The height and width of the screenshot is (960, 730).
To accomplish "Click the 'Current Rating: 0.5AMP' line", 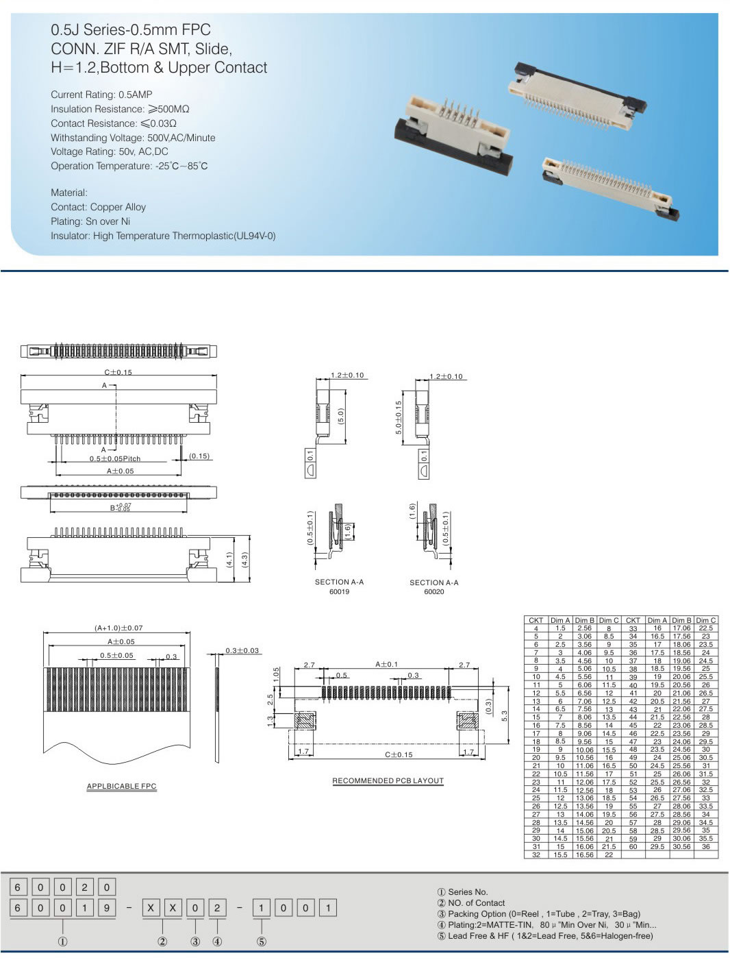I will tap(101, 95).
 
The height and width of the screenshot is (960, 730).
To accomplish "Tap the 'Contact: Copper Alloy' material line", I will tap(98, 207).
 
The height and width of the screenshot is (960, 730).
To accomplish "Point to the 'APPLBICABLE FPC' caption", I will tap(121, 786).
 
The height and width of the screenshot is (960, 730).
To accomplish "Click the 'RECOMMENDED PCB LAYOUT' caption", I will tap(388, 780).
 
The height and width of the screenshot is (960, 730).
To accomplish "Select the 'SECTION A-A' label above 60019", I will tap(339, 582).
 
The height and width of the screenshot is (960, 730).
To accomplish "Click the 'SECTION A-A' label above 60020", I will tap(433, 582).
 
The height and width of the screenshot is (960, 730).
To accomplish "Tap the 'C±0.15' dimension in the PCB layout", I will tap(398, 754).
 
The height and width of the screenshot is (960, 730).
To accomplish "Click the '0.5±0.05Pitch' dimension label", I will tap(114, 458).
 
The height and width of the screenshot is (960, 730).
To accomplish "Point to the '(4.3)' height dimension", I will tap(244, 559).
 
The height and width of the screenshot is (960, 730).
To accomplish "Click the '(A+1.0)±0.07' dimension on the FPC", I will tap(118, 628).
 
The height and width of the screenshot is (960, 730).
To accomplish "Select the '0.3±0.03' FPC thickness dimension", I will tap(242, 650).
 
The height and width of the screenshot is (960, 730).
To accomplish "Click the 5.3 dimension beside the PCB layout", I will tap(505, 715).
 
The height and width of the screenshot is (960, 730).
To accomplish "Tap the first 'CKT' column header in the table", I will tap(536, 620).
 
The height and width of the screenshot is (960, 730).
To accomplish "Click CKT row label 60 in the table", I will tap(633, 846).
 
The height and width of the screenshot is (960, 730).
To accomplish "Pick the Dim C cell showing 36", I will tap(705, 846).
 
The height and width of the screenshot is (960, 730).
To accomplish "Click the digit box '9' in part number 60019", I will tap(107, 908).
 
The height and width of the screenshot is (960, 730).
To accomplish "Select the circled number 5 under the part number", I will tap(261, 941).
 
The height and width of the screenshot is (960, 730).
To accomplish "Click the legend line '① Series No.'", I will tap(462, 891).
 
